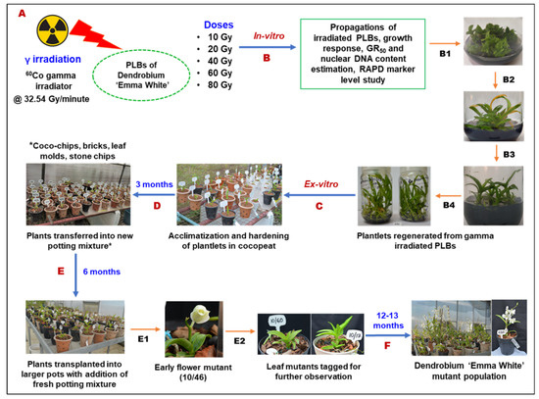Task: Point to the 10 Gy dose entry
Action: (219, 36)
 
